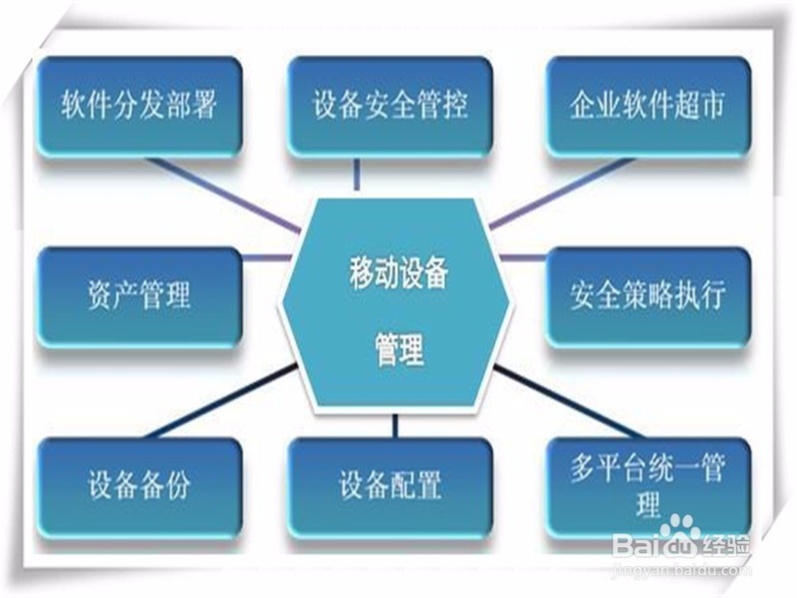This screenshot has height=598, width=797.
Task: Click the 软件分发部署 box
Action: (x=138, y=107)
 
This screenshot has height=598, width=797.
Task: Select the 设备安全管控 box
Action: (x=390, y=107)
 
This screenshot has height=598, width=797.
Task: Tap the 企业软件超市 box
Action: (x=649, y=107)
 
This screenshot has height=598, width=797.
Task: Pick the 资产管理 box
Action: (x=138, y=297)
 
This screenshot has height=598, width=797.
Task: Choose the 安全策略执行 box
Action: (x=649, y=297)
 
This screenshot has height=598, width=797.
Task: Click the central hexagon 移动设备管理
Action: (x=395, y=304)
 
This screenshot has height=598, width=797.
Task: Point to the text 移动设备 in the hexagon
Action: (x=398, y=273)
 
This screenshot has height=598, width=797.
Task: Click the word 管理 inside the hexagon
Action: (x=399, y=350)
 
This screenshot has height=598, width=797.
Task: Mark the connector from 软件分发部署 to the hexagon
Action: (x=224, y=195)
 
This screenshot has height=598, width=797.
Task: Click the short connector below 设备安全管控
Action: (x=357, y=174)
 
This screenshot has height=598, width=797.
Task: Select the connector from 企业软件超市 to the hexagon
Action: (x=562, y=193)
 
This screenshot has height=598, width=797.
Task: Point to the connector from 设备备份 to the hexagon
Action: (x=221, y=402)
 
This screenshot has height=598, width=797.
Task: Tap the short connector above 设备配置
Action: (x=395, y=426)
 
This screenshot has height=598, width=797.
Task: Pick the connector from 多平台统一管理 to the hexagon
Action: (x=569, y=402)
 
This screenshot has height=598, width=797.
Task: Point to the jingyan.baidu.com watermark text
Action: (x=681, y=570)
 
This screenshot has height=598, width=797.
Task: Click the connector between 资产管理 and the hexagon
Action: (x=266, y=258)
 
